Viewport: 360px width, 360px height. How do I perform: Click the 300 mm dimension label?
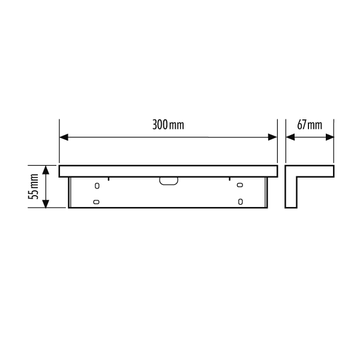point(168,125)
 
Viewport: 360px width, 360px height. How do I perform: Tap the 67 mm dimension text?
point(310,125)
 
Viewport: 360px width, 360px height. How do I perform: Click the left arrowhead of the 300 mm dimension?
point(64,137)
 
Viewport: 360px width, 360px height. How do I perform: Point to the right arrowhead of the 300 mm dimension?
point(272,137)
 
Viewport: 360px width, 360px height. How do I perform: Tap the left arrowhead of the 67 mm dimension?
point(290,137)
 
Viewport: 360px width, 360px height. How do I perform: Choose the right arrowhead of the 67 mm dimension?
point(329,137)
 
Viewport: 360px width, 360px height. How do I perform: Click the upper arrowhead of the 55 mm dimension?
point(46,170)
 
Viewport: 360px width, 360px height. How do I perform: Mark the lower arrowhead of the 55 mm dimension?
point(46,203)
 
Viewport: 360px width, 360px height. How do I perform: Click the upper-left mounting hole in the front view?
point(97,185)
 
